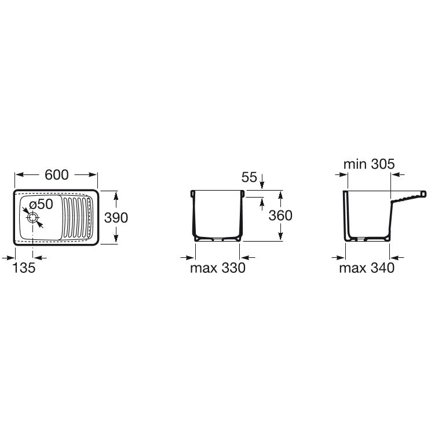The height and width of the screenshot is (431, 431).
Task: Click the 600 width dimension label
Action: (x=57, y=175)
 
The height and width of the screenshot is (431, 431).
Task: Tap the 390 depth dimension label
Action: (x=116, y=218)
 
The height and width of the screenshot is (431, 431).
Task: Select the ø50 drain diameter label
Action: (x=41, y=204)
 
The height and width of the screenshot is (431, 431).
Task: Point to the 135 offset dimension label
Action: (x=24, y=268)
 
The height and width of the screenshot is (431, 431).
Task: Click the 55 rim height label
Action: (x=249, y=177)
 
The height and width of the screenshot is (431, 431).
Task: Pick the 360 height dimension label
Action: (x=280, y=216)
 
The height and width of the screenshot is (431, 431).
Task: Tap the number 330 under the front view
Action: (x=233, y=268)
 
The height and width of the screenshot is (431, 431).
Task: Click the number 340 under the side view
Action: (x=382, y=268)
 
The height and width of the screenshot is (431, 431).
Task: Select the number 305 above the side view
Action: (x=383, y=165)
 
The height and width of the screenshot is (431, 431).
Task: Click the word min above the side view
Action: (x=355, y=165)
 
